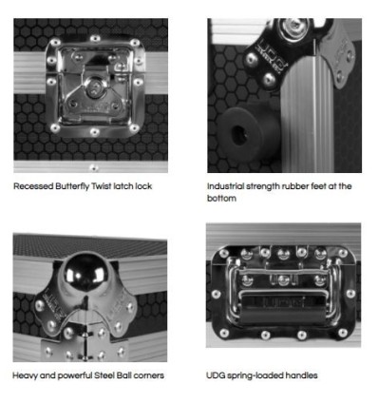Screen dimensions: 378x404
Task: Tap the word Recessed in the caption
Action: (x=33, y=186)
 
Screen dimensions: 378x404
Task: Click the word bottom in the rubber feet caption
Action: (x=221, y=199)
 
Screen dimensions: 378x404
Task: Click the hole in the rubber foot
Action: (x=239, y=136)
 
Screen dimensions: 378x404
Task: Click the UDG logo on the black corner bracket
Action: (x=269, y=52)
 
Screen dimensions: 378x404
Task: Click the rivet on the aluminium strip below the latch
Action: (x=94, y=167)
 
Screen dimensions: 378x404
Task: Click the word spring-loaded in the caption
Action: (x=255, y=376)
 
